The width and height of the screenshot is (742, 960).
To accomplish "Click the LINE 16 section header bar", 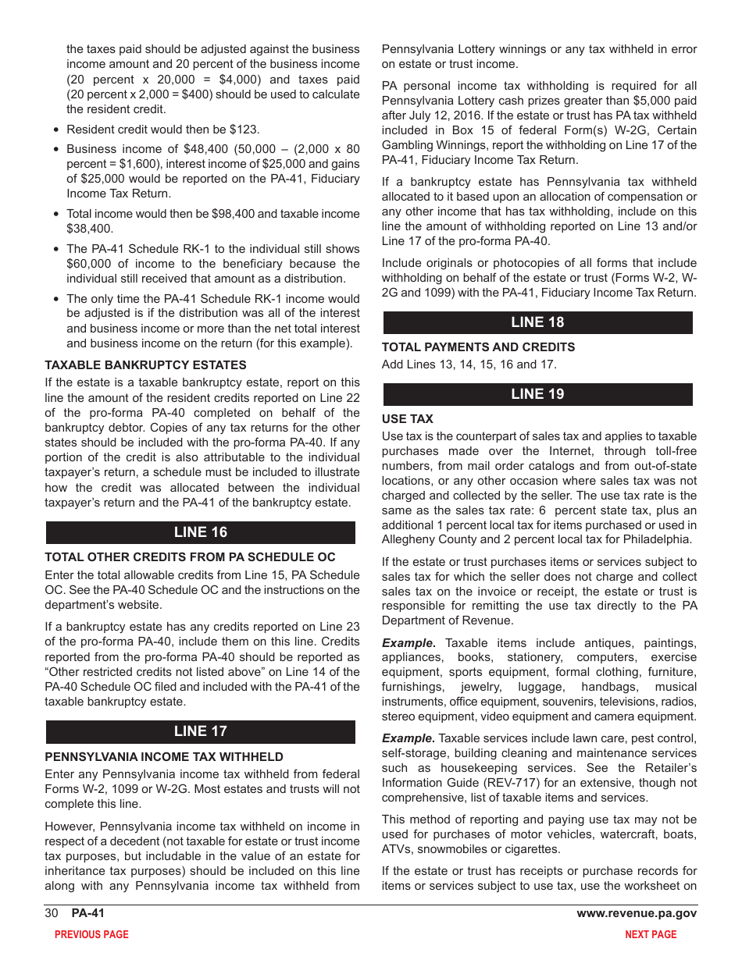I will click(200, 532).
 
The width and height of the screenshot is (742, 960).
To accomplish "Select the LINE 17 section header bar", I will click(200, 731).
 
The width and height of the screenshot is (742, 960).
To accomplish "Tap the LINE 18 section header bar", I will click(537, 322).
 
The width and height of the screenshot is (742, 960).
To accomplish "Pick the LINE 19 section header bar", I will click(537, 394).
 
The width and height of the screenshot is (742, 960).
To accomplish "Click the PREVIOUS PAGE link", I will click(91, 934).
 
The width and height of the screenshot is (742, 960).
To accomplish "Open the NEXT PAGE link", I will click(651, 934).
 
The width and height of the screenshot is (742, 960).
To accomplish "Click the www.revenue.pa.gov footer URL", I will click(637, 913).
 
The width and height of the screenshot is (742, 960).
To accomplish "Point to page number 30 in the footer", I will click(52, 913).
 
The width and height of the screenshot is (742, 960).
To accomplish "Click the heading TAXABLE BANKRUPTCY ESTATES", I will click(145, 364).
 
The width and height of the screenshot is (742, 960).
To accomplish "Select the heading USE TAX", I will click(407, 419).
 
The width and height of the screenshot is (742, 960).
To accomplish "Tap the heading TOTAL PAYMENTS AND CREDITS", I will click(478, 347).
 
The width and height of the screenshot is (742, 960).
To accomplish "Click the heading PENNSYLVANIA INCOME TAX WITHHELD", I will click(164, 756).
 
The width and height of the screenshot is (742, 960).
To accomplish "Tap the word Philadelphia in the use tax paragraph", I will click(657, 539).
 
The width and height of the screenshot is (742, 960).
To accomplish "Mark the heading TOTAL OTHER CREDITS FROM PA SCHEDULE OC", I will click(190, 557).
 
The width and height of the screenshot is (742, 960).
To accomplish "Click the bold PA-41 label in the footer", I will click(87, 913).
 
